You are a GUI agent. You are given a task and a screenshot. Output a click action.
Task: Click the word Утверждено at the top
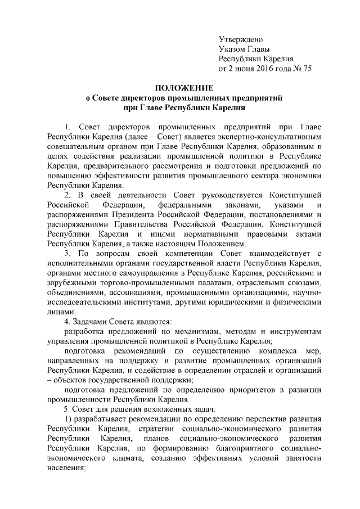[240, 39]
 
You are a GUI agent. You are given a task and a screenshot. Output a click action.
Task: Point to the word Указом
[233, 49]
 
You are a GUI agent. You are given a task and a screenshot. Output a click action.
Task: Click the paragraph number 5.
[67, 408]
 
